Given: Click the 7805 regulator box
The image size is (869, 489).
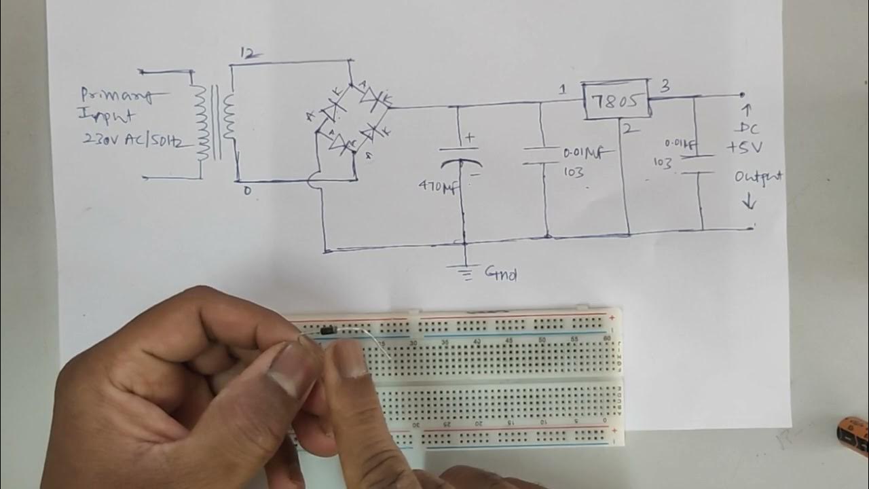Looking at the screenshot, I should point(615,102).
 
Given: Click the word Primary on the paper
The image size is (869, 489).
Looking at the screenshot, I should point(115,96).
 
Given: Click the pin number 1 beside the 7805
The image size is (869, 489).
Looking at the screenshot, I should point(563,90).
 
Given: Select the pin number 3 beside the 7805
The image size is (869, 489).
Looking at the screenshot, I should point(665,86).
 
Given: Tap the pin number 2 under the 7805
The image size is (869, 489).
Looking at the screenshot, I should point(629,128).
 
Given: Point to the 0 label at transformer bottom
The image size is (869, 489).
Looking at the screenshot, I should point(246,192).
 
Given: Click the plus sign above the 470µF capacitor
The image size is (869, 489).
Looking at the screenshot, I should point(469,138).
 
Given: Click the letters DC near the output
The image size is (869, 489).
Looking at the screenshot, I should point(747,129).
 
